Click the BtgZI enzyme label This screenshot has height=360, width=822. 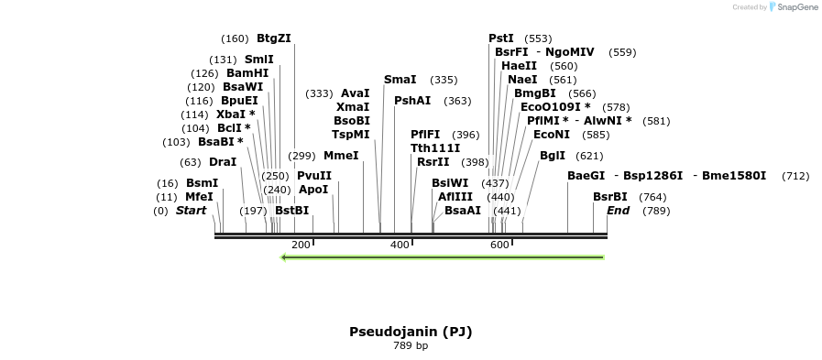[274, 38]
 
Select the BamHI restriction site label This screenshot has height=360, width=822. [247, 73]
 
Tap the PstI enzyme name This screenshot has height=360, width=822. [501, 38]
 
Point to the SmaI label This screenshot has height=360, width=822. [400, 80]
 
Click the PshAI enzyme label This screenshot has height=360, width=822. [412, 101]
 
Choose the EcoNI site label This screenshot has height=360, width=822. [552, 135]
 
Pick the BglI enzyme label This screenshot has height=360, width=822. [553, 156]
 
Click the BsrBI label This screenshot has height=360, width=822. [610, 197]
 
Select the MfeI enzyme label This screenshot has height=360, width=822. [199, 197]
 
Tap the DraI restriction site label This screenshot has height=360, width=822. [223, 162]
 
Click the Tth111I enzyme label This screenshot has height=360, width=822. [435, 148]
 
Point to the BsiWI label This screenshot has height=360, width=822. [450, 183]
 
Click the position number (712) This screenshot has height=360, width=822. [795, 176]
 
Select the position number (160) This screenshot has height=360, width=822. [235, 38]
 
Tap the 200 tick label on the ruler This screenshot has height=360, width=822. [301, 245]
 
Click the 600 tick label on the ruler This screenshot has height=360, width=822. [499, 245]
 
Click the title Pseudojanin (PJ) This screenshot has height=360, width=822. [411, 332]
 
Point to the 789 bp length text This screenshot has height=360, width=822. [411, 346]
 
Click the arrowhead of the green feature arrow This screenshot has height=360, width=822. [284, 257]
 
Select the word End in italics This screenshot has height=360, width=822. [619, 211]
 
